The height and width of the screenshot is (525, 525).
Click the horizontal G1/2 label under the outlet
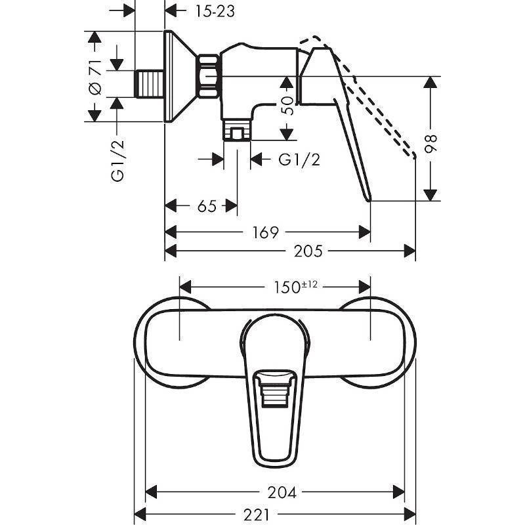point(299,159)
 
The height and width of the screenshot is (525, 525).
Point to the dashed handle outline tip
point(412,156)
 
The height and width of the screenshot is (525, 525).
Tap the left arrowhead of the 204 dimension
point(150,492)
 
